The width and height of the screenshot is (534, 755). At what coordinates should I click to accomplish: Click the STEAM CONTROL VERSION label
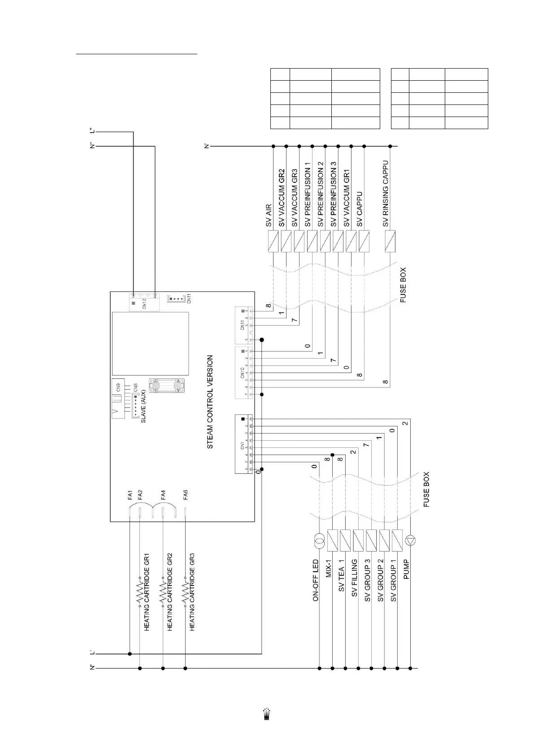(x=210, y=402)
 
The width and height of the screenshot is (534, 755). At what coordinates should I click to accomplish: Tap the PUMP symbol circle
(x=410, y=541)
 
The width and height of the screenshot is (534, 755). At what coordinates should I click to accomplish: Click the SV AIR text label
(x=268, y=215)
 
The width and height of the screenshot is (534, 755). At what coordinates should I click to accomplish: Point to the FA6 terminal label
(x=186, y=495)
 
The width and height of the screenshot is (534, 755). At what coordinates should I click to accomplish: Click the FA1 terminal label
(x=130, y=495)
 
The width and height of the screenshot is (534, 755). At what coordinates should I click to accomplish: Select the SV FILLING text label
(x=354, y=577)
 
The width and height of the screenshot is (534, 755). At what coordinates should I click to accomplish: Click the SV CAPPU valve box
(x=364, y=241)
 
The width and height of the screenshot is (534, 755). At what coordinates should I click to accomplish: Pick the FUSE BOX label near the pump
(x=426, y=489)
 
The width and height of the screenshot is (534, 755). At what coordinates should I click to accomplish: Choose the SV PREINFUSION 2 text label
(x=320, y=195)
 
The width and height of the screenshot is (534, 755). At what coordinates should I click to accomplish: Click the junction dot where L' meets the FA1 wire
(x=130, y=653)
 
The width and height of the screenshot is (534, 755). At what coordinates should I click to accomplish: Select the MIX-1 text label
(x=328, y=568)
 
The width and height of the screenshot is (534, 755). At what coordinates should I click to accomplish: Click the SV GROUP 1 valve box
(x=397, y=541)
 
